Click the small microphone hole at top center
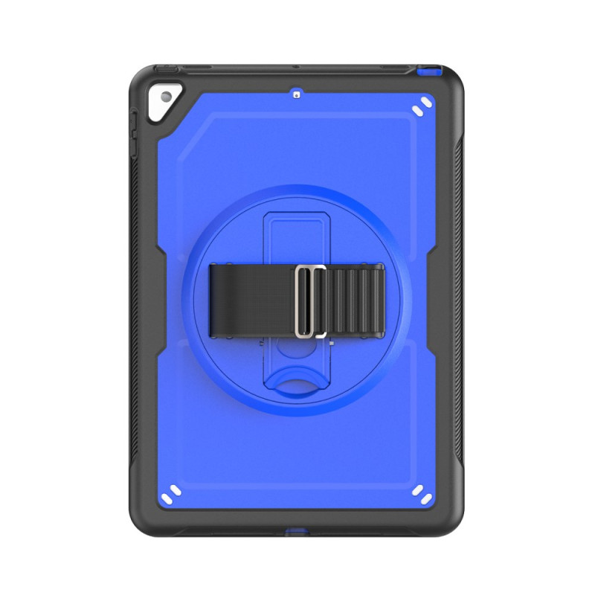[x=297, y=94]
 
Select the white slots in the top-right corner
[x=420, y=106]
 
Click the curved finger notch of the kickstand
[x=297, y=383]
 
